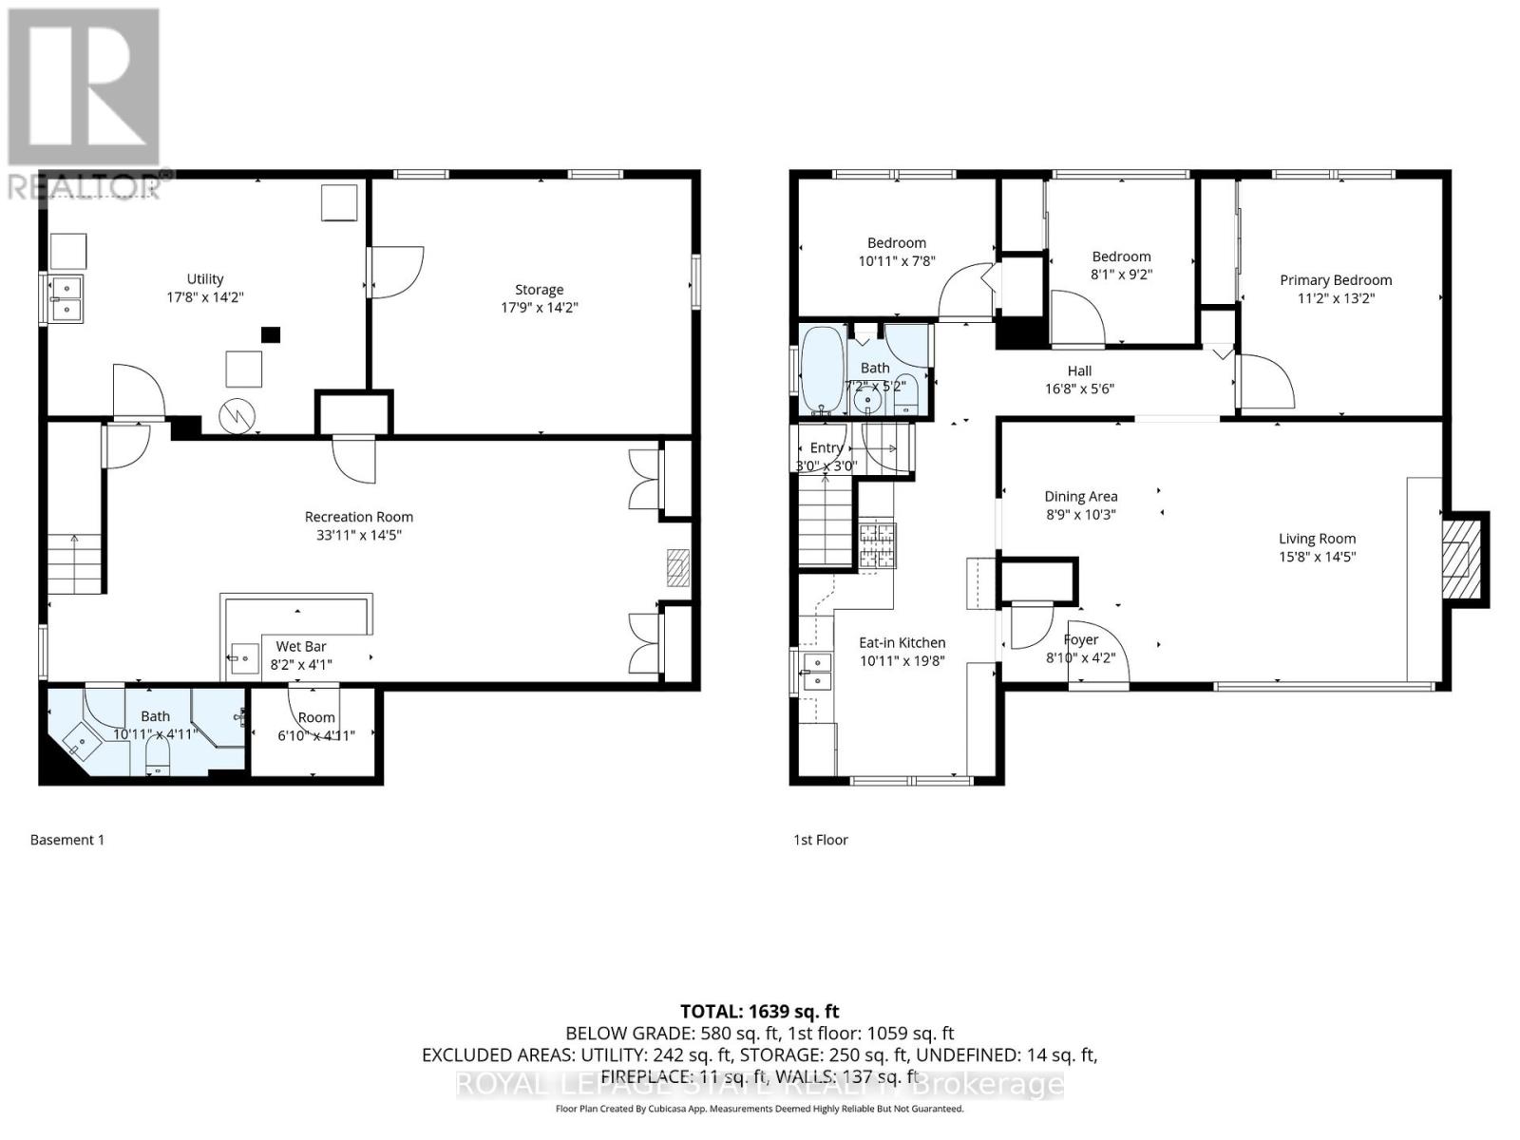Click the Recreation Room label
[x=358, y=517]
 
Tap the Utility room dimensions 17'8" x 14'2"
[x=204, y=296]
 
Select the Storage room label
[x=539, y=290]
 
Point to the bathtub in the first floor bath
[x=821, y=370]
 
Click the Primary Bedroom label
[x=1335, y=280]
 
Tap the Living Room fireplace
[x=1460, y=560]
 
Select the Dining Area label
[x=1080, y=496]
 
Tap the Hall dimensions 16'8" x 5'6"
[x=1079, y=389]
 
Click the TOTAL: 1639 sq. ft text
[x=759, y=1012]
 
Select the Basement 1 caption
[x=67, y=840]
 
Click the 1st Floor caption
[x=821, y=840]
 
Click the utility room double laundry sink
[x=66, y=297]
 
